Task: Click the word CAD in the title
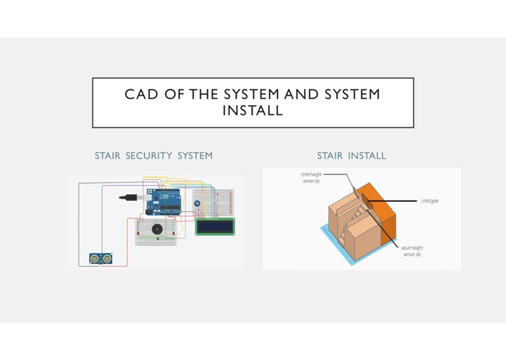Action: click(141, 94)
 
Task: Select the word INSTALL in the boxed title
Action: click(253, 111)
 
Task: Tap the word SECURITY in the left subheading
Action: click(149, 156)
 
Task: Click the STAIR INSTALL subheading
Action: click(352, 156)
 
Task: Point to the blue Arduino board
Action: click(163, 202)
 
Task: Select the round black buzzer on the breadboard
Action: click(157, 230)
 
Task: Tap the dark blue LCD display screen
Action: click(215, 227)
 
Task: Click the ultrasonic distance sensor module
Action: click(100, 258)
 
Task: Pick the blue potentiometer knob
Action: click(197, 203)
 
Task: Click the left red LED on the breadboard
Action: click(138, 233)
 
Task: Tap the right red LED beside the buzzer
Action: click(173, 233)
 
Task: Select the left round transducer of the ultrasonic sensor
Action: click(95, 258)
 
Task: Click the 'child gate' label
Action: click(430, 201)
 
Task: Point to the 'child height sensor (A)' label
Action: click(311, 178)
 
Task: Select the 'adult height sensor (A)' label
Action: click(412, 251)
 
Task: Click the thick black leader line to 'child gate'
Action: click(392, 201)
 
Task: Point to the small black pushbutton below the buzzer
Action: click(158, 239)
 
